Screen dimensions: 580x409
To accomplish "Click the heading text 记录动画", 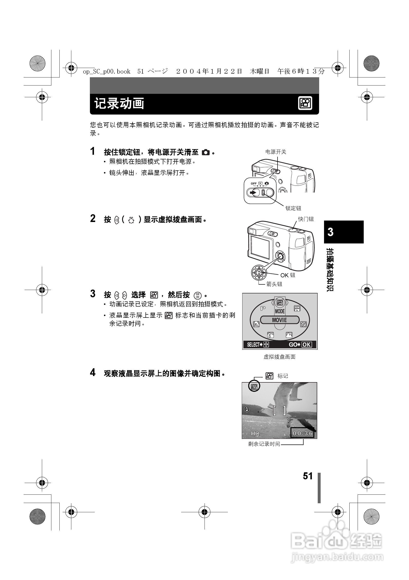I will pyautogui.click(x=119, y=104).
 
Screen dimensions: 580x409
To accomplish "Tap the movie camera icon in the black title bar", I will pyautogui.click(x=305, y=103).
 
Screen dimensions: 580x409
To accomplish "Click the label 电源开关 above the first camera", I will pyautogui.click(x=276, y=152).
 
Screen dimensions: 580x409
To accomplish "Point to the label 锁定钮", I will pyautogui.click(x=293, y=208).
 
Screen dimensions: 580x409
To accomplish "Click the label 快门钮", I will pyautogui.click(x=306, y=219).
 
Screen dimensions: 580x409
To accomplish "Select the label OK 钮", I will pyautogui.click(x=288, y=275).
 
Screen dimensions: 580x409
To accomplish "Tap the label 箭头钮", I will pyautogui.click(x=274, y=284).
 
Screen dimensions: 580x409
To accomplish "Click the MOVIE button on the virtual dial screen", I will pyautogui.click(x=279, y=320).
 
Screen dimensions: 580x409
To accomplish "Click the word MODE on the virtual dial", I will pyautogui.click(x=280, y=311).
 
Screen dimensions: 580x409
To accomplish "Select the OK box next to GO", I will pyautogui.click(x=307, y=345).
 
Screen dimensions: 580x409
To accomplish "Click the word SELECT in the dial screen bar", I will pyautogui.click(x=253, y=345).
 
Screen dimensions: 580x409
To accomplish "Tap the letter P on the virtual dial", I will pyautogui.click(x=263, y=309).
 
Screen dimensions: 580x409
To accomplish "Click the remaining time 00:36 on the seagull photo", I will pyautogui.click(x=303, y=434).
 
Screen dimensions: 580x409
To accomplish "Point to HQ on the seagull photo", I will pyautogui.click(x=255, y=434).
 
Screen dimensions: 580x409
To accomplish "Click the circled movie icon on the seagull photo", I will pyautogui.click(x=254, y=387).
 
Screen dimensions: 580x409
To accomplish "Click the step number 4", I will pyautogui.click(x=93, y=373).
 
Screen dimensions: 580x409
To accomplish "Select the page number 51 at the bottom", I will pyautogui.click(x=307, y=476).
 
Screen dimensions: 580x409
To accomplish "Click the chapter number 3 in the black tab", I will pyautogui.click(x=330, y=232).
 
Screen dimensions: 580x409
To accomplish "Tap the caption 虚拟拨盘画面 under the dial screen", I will pyautogui.click(x=279, y=357).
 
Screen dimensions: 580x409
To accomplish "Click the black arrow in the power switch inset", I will pyautogui.click(x=252, y=193).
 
